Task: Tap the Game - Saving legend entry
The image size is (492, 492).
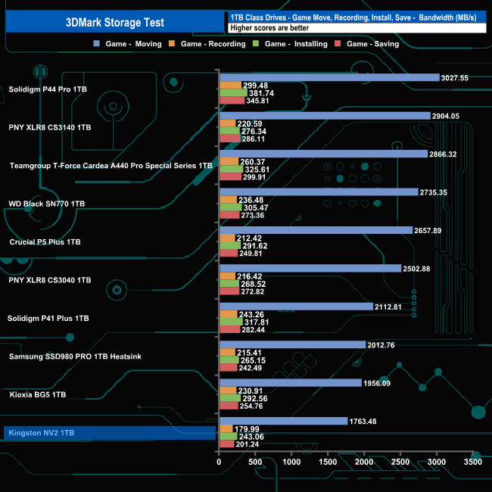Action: click(370, 44)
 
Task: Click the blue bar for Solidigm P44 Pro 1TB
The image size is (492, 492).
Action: click(329, 77)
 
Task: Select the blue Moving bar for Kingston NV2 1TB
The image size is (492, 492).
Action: click(283, 421)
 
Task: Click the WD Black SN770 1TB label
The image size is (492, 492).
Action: click(46, 204)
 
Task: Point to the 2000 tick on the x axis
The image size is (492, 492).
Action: click(364, 462)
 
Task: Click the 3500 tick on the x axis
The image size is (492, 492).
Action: click(472, 462)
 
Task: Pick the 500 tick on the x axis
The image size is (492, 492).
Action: click(255, 462)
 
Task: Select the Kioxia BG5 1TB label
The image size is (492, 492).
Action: click(38, 394)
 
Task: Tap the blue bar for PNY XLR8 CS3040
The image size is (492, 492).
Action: click(310, 268)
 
